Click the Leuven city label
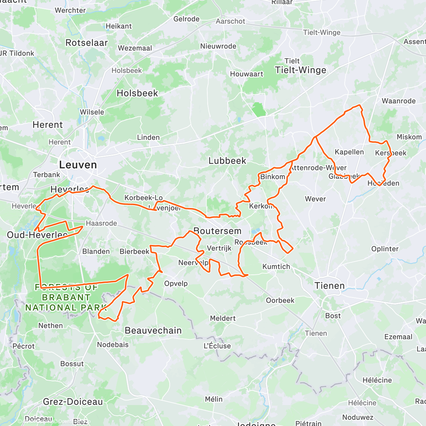click(x=78, y=165)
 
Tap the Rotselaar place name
click(x=87, y=43)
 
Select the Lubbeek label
click(x=227, y=161)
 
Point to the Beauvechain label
click(x=153, y=331)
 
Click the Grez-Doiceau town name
click(x=73, y=402)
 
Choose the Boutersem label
click(x=217, y=231)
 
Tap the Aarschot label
click(x=230, y=21)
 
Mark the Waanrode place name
click(x=398, y=101)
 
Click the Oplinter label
click(x=385, y=249)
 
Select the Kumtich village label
click(x=276, y=267)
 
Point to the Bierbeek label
click(x=134, y=252)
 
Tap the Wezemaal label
click(x=135, y=48)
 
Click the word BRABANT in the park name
click(x=66, y=297)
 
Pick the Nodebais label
click(x=113, y=345)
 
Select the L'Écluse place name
click(x=217, y=346)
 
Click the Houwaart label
click(x=246, y=74)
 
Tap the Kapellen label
click(x=349, y=152)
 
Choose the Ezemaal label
click(x=398, y=337)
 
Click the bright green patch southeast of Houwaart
click(x=259, y=110)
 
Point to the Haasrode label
click(x=101, y=223)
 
